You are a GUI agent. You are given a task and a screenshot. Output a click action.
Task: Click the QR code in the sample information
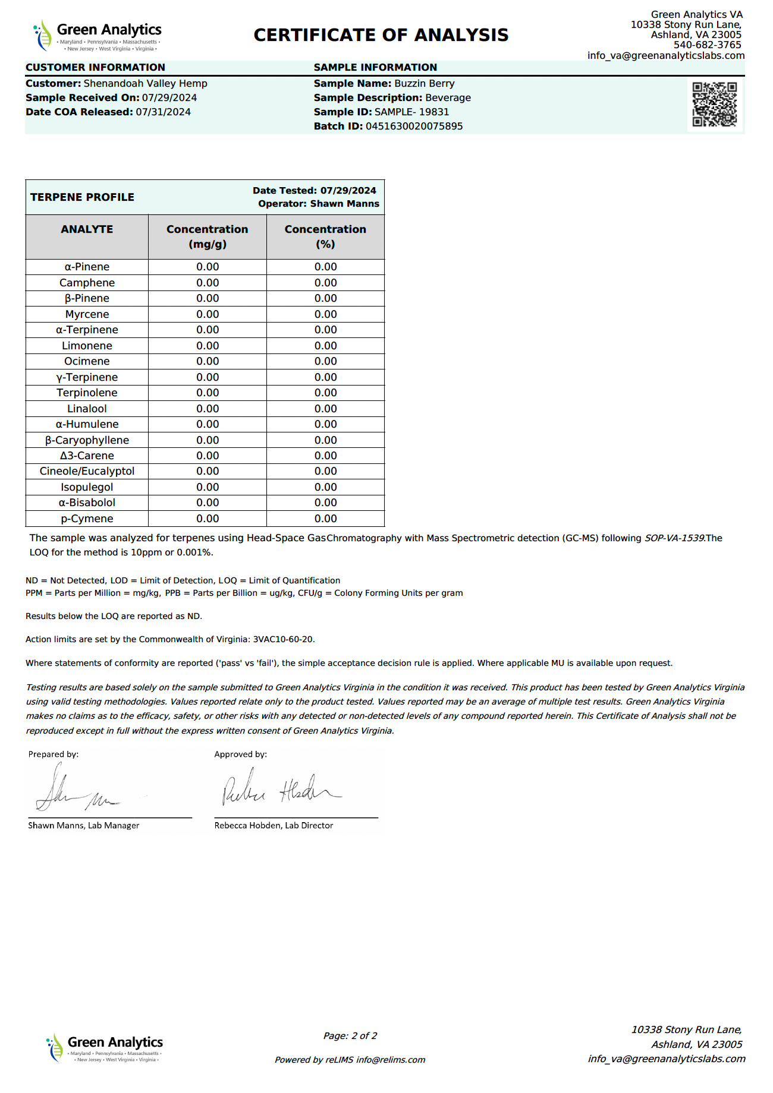714,105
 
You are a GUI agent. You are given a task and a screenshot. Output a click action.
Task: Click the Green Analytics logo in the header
98,36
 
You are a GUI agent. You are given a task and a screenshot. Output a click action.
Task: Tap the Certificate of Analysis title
381,35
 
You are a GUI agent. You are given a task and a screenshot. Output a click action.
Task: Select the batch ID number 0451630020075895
414,126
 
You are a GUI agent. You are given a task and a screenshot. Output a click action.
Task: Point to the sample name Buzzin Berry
424,84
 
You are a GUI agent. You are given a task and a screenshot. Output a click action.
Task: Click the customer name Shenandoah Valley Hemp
145,84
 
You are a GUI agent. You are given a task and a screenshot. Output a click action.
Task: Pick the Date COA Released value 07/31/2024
163,112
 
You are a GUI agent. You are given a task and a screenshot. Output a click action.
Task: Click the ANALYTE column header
87,229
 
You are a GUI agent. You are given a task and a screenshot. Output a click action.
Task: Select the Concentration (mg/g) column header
207,236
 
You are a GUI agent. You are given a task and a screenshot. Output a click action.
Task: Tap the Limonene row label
87,346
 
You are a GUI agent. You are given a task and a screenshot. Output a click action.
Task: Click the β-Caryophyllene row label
87,440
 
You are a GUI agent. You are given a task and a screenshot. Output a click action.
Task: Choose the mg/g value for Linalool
208,409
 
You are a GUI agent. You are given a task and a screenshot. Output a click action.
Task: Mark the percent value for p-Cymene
325,519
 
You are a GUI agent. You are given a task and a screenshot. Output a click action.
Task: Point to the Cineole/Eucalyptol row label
87,471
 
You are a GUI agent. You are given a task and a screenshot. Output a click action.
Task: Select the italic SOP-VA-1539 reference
674,538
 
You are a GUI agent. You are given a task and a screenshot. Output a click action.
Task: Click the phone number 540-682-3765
707,45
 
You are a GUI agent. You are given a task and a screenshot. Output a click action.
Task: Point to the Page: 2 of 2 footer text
350,1036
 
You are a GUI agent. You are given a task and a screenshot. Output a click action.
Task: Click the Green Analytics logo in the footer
105,1048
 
